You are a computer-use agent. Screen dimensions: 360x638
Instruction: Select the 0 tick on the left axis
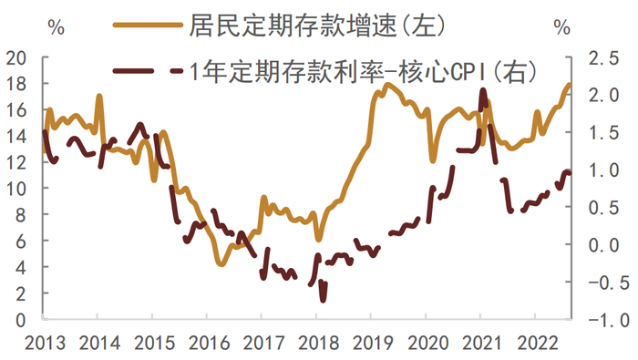20,320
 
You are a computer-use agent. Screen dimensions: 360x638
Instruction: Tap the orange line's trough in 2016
221,264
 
